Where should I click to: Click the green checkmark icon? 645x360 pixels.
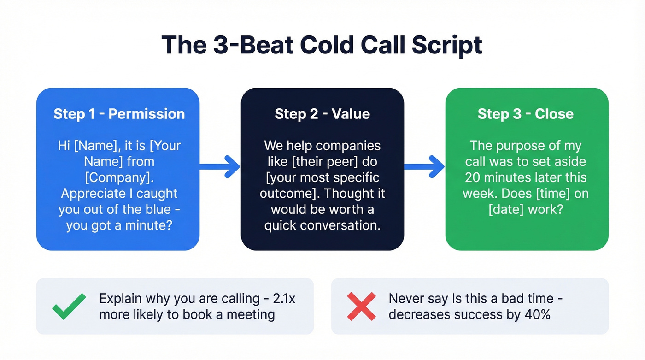[x=69, y=307]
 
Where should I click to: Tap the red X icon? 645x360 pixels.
[x=362, y=307]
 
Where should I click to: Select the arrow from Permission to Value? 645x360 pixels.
[x=220, y=166]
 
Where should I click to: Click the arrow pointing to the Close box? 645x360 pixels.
[x=425, y=166]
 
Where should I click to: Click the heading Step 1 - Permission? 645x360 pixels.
[x=119, y=114]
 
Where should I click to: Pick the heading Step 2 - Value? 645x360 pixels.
[x=322, y=114]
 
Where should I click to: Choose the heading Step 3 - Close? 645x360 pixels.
[x=526, y=114]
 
